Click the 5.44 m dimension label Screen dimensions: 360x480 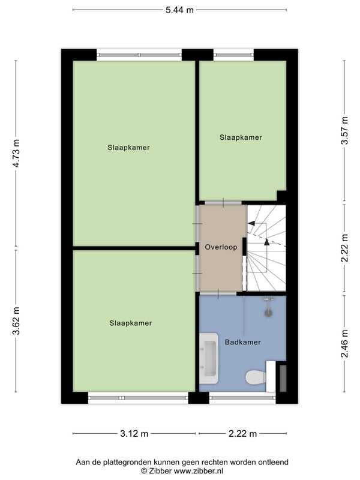179,10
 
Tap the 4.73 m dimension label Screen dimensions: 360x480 16,153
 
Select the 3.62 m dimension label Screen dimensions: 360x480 16,321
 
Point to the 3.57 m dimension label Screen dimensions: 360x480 345,131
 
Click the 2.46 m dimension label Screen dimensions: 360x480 345,343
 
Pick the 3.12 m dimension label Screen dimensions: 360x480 134,433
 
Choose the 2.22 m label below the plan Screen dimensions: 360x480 243,433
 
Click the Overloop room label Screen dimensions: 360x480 221,247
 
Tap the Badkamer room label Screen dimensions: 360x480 243,342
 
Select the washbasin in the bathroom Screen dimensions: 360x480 209,358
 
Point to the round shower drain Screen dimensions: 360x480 268,313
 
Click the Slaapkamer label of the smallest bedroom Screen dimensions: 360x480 241,137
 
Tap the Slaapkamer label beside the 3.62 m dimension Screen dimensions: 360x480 131,323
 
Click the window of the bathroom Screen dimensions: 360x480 242,398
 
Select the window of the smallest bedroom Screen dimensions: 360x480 233,55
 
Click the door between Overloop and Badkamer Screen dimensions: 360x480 218,293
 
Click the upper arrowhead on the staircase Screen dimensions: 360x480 251,223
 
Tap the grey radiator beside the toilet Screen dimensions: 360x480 283,378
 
